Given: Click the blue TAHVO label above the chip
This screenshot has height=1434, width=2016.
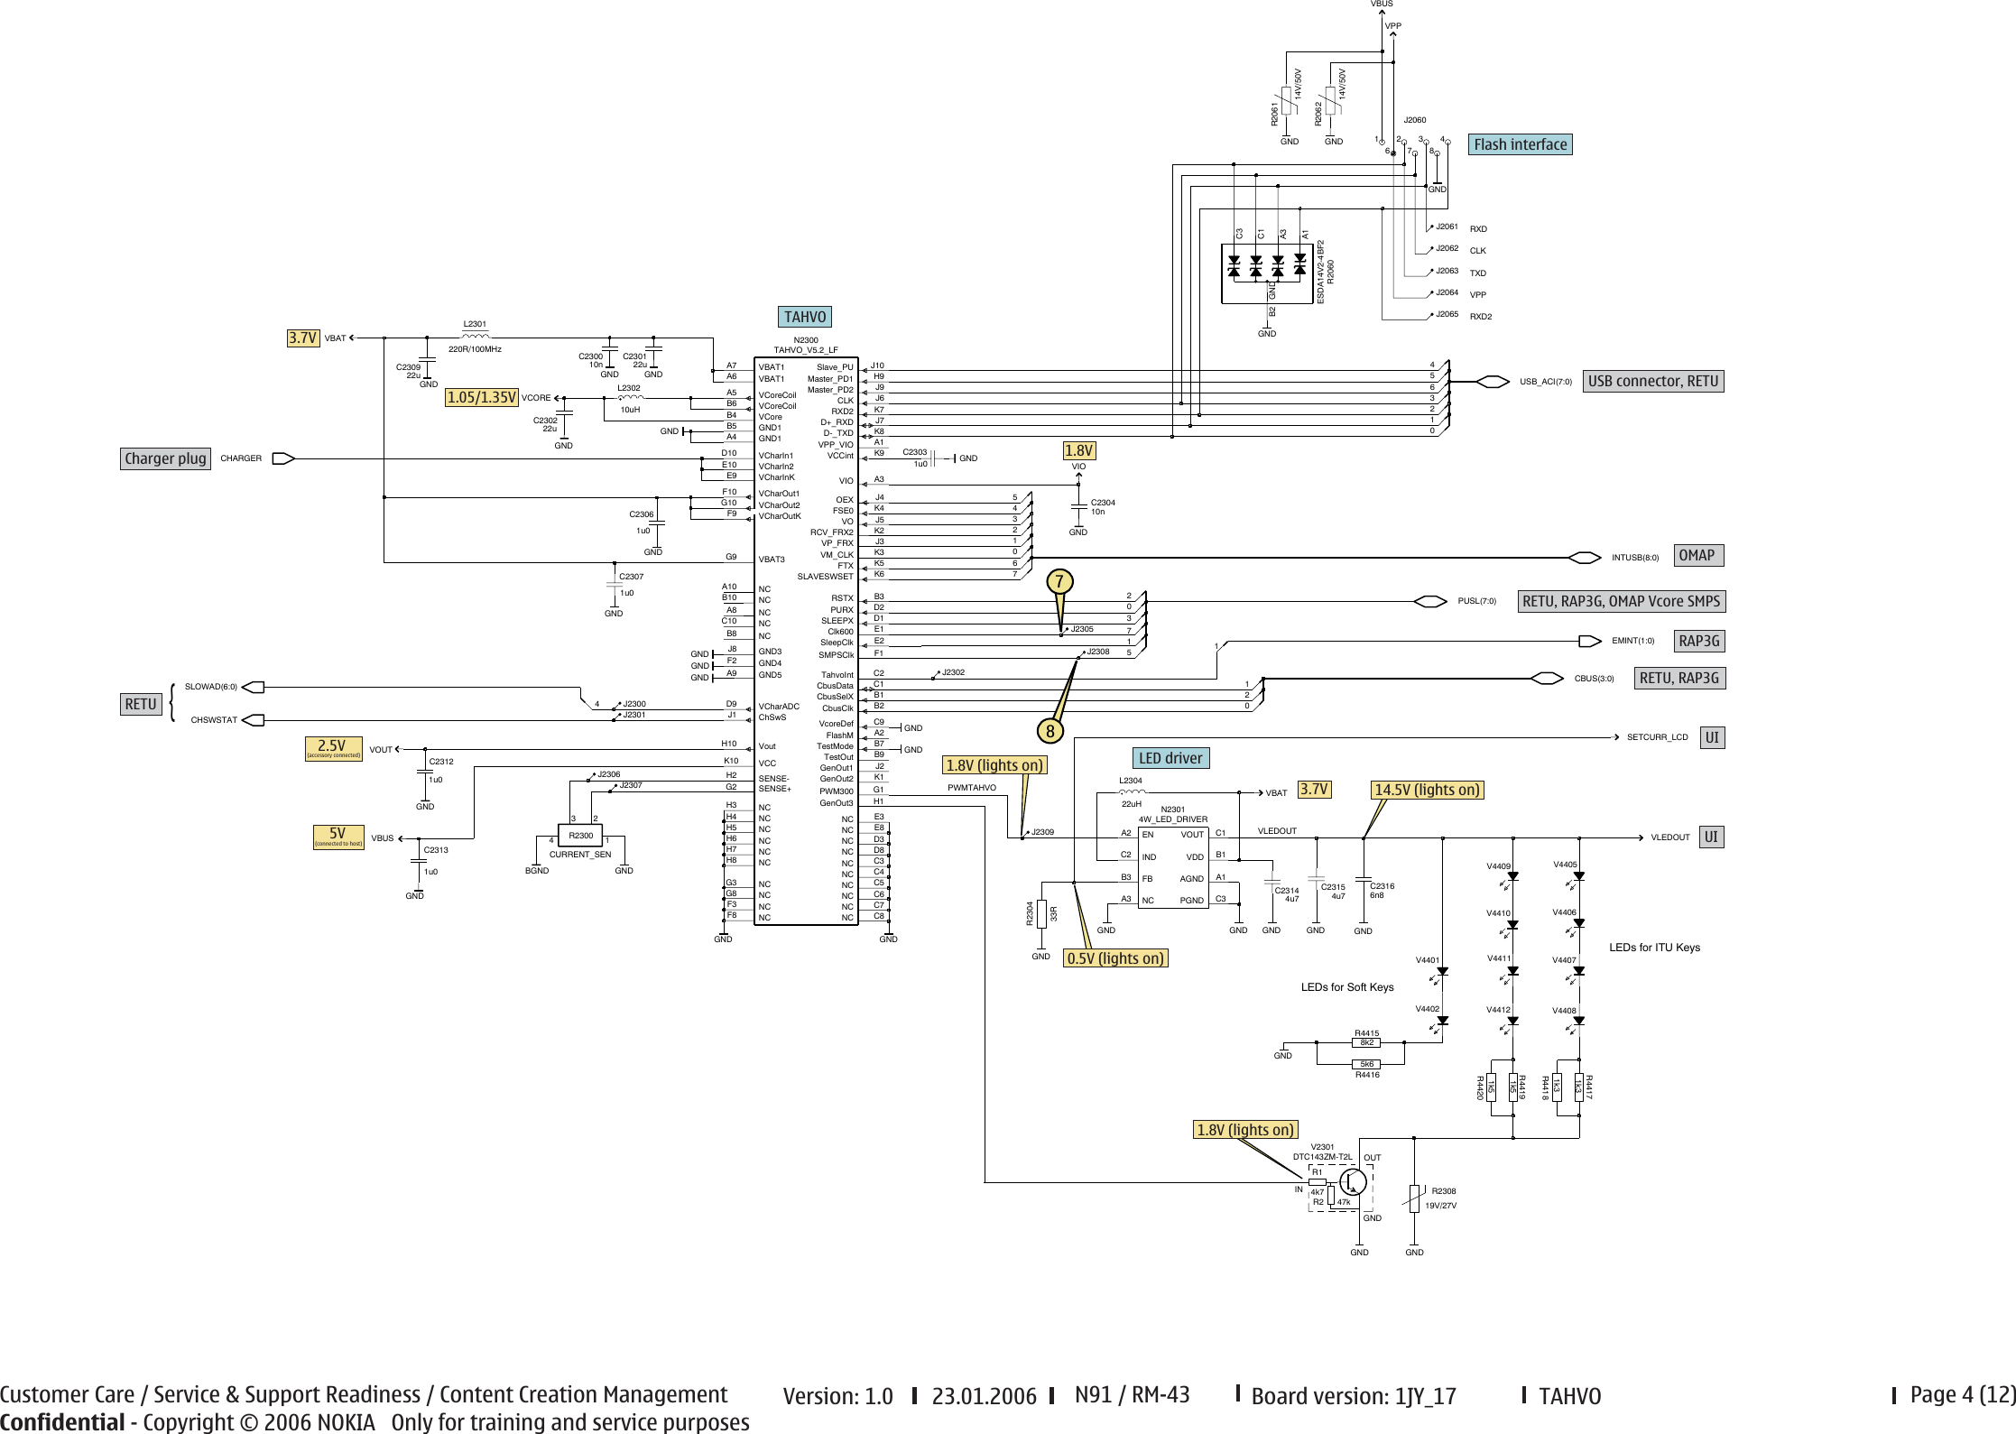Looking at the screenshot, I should pos(804,317).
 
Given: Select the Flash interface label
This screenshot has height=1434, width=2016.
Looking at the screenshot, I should pos(1520,144).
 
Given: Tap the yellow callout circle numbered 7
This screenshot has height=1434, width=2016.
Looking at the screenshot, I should pos(1059,582).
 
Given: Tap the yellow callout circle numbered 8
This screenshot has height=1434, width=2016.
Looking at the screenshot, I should pos(1050,731).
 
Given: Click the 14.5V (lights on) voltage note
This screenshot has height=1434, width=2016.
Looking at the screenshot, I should pos(1427,790).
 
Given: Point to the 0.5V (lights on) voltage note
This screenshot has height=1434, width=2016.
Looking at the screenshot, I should pos(1115,958).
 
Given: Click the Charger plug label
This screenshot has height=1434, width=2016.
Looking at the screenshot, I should pos(165,458).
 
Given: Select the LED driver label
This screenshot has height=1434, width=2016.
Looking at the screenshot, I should pos(1170,758).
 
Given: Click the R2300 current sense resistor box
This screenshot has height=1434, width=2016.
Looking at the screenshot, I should pos(580,836).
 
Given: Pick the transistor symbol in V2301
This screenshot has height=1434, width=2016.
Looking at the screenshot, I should pos(1353,1180).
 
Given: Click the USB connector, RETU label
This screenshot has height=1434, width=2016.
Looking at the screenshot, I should pos(1652,381).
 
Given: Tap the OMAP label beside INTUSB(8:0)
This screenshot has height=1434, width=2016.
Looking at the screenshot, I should pos(1697,556).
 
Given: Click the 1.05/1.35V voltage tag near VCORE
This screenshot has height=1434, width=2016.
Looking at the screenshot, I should pos(482,397).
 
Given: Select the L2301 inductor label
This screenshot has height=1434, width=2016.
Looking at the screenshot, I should pos(475,324).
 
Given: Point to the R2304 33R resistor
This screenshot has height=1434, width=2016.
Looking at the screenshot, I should pos(1041,913).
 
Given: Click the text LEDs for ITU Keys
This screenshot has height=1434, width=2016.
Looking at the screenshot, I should pos(1654,948).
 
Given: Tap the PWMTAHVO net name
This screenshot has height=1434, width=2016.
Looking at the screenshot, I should pos(971,788).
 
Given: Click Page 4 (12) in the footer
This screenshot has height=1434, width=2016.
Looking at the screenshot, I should pos(1962,1394).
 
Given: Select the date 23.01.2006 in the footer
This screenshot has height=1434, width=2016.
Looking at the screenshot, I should pos(984,1396).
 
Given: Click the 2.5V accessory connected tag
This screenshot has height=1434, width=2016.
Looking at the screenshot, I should pos(333,748).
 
